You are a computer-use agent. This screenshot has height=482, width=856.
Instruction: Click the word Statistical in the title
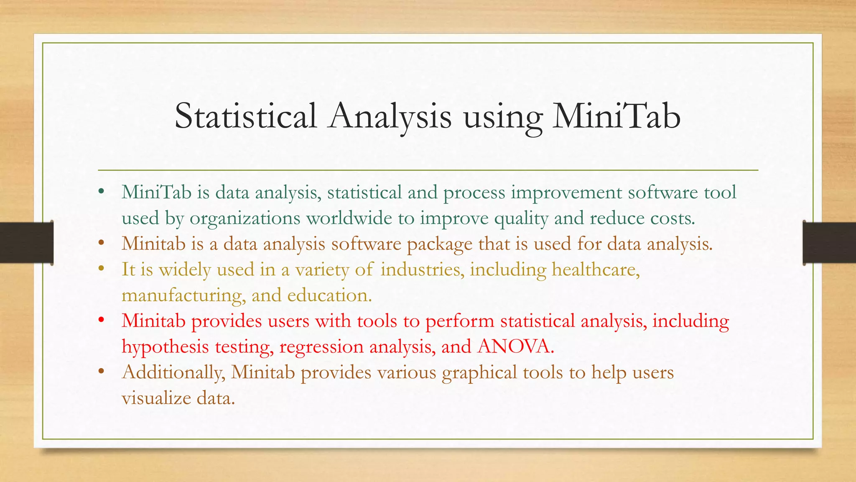pos(245,116)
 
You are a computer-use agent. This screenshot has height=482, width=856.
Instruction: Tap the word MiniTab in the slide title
pos(616,116)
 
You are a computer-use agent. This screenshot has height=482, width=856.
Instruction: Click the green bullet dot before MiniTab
pos(101,192)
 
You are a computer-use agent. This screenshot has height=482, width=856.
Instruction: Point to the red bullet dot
pos(101,321)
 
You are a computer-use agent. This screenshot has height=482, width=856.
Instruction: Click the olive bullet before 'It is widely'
pos(101,269)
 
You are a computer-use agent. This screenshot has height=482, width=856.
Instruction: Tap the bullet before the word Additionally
pos(101,372)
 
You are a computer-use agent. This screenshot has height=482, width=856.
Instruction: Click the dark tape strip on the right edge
pos(829,243)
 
